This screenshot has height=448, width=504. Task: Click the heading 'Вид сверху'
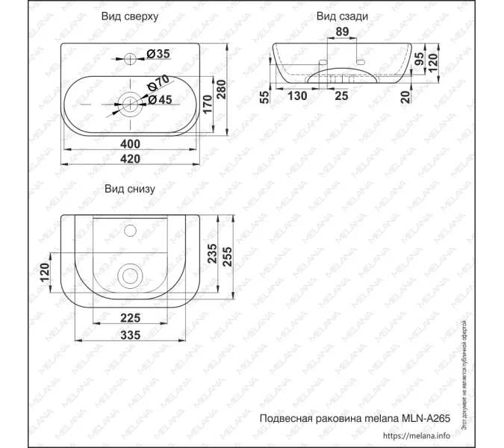point(131,16)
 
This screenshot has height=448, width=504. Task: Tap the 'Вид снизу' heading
point(130,189)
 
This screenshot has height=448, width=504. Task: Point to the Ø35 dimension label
point(159,53)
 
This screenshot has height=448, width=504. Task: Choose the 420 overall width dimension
point(131,159)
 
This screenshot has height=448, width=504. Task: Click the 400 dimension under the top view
point(131,143)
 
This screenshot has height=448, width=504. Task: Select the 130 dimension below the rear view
point(297,95)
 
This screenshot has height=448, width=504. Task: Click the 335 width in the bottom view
point(131,335)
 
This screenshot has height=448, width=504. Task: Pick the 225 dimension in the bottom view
point(131,317)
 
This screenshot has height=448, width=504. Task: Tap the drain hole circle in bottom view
point(131,275)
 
